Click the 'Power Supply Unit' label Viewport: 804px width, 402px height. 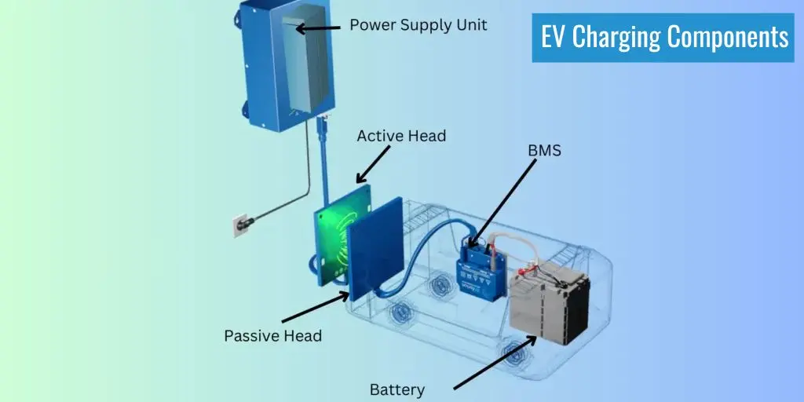(418, 25)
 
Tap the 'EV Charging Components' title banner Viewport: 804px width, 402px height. (664, 37)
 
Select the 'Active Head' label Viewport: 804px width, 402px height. (401, 136)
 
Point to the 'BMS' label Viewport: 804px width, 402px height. (545, 151)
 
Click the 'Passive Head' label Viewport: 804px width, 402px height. (272, 335)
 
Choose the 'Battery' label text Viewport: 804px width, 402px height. (397, 389)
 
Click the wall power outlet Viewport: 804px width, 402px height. (237, 225)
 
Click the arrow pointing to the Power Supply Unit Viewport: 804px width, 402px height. (317, 28)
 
